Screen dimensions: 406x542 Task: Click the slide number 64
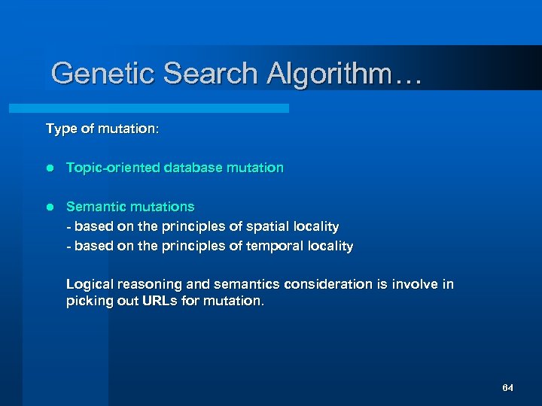point(507,388)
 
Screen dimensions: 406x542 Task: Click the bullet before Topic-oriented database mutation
point(50,168)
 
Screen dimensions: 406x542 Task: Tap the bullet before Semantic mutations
point(50,207)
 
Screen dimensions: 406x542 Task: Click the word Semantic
point(94,207)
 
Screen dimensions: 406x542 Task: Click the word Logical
point(90,284)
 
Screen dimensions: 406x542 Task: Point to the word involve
point(415,284)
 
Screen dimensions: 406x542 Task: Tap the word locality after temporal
point(329,246)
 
